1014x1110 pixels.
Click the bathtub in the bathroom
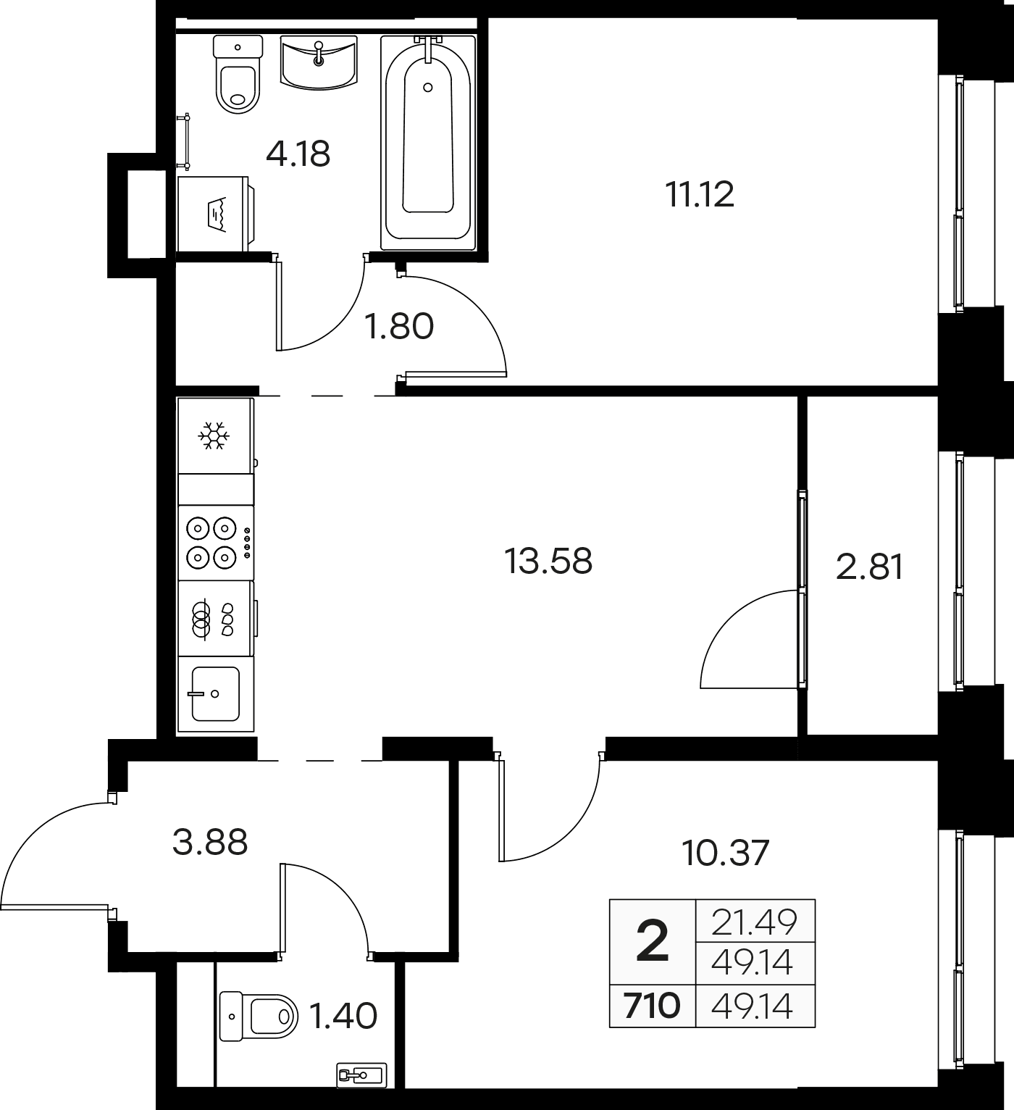click(x=427, y=143)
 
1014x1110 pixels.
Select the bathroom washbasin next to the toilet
click(x=318, y=62)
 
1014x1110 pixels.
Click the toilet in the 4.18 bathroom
click(x=238, y=74)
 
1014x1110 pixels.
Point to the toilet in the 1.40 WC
click(x=259, y=1016)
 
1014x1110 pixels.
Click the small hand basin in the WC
click(x=362, y=1075)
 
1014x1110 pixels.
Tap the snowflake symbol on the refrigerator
click(x=214, y=435)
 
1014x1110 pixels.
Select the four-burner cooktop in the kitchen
click(x=217, y=543)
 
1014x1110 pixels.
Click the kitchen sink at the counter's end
click(x=217, y=694)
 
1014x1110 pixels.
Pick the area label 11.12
click(x=700, y=195)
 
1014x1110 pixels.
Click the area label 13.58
click(x=548, y=561)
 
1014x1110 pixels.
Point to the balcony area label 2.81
click(x=870, y=567)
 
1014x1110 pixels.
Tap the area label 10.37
click(x=725, y=853)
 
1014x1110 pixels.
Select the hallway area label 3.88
click(x=209, y=843)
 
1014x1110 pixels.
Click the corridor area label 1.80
click(x=398, y=326)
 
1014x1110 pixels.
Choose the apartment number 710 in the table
click(x=652, y=1006)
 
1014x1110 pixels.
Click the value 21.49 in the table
click(x=754, y=922)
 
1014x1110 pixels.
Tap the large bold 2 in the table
click(x=653, y=940)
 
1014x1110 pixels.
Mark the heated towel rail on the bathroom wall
click(x=186, y=141)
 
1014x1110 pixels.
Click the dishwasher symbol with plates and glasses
click(x=217, y=619)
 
